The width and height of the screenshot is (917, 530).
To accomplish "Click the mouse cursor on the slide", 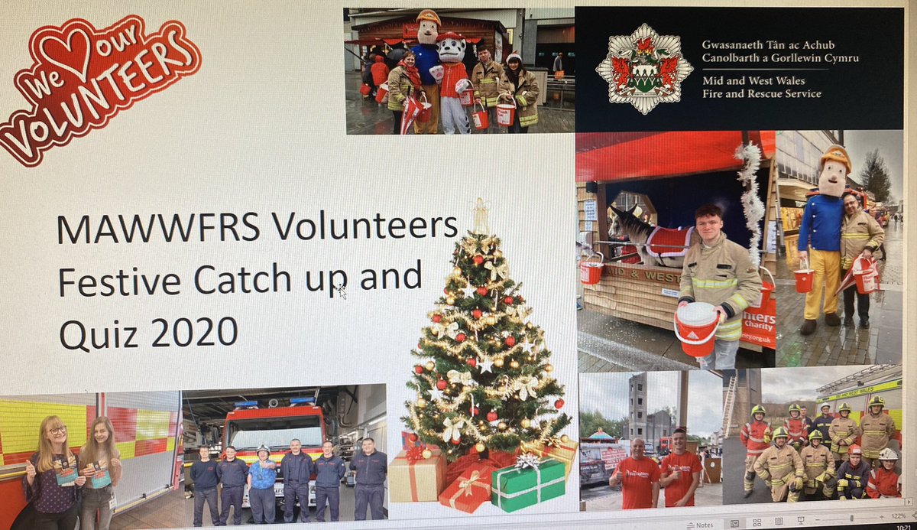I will (342, 291).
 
